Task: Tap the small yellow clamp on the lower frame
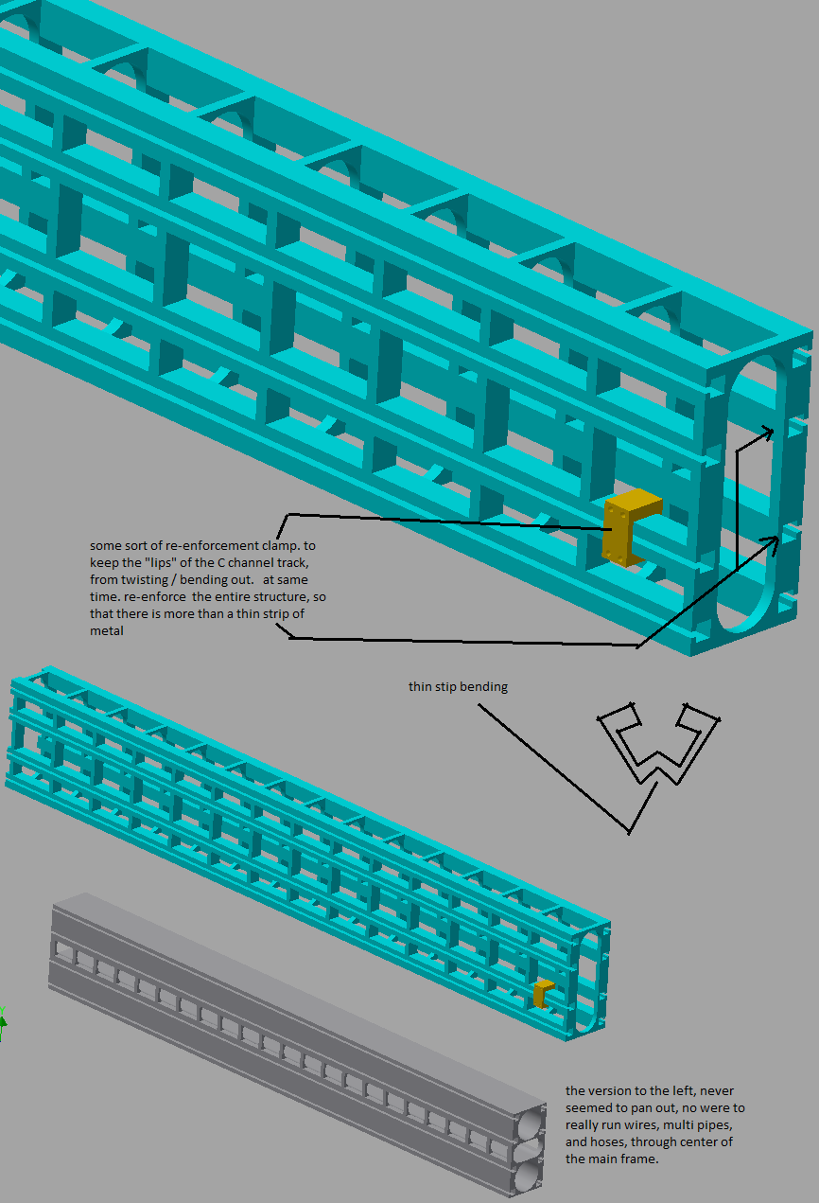click(542, 994)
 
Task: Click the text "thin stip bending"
click(458, 687)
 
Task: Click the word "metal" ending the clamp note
click(106, 631)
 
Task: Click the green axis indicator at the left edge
click(3, 1023)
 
